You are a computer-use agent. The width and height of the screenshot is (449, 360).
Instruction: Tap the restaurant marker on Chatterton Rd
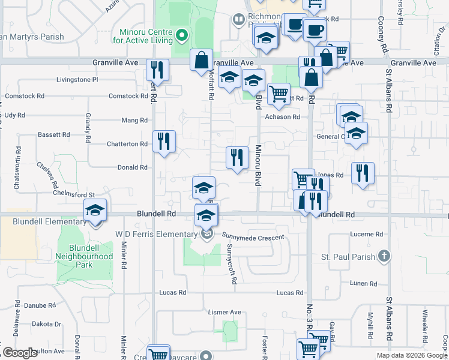[163, 142]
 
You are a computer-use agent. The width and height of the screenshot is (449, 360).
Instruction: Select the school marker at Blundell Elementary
[95, 211]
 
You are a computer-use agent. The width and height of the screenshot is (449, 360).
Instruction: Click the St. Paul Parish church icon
[384, 257]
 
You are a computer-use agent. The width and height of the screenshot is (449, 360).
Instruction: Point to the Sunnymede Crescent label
[253, 238]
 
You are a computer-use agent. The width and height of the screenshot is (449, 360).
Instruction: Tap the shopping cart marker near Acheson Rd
[278, 94]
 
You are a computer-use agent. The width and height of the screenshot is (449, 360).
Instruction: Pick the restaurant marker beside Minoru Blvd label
[237, 157]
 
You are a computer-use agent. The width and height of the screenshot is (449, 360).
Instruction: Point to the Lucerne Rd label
[366, 234]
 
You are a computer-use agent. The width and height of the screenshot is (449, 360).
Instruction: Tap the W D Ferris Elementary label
[157, 234]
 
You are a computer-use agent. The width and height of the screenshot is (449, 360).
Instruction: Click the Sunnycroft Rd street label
[231, 264]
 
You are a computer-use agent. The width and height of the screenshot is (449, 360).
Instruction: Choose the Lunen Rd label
[365, 283]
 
